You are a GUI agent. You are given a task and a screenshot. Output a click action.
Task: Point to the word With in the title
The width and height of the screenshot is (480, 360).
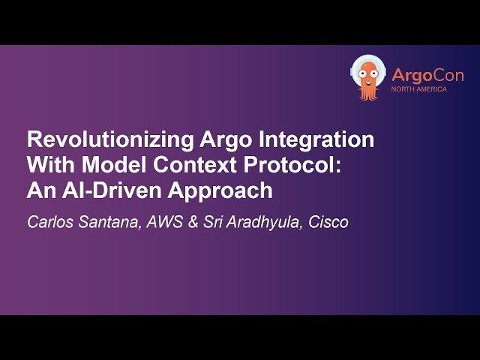(x=47, y=166)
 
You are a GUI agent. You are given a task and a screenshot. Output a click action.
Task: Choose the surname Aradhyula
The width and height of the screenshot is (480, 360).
(x=262, y=223)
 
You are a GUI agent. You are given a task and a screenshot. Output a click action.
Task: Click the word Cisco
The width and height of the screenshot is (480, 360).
(x=328, y=223)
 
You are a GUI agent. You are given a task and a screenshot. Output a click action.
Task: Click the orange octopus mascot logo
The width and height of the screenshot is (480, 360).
(x=368, y=77)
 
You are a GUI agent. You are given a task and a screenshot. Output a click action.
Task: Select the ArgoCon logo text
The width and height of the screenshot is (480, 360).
(x=427, y=75)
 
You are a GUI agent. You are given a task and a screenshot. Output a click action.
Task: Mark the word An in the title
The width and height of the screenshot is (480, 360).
(x=38, y=191)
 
